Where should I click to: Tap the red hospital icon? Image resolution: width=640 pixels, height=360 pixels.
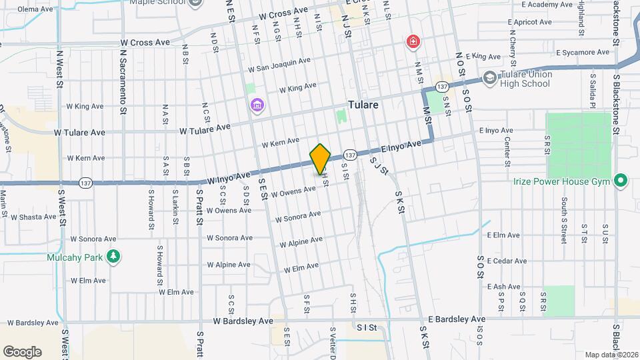click(x=414, y=42)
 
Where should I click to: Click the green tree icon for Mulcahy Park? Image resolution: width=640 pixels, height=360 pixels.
click(x=114, y=257)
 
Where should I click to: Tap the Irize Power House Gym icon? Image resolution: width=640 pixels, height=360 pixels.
click(x=621, y=181)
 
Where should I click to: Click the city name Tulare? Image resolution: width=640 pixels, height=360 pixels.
click(x=363, y=105)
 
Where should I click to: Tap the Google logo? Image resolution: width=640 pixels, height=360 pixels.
click(x=22, y=351)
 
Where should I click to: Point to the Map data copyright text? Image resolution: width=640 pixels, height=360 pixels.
click(x=611, y=355)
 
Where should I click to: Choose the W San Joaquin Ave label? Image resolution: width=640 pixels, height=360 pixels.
click(x=279, y=64)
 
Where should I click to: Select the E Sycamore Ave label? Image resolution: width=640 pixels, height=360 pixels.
click(x=583, y=52)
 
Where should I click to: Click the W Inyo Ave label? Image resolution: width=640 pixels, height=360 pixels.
click(x=229, y=178)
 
